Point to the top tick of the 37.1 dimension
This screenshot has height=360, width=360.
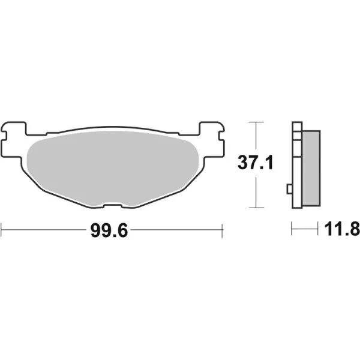point(256,122)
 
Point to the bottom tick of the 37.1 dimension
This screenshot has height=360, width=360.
point(256,208)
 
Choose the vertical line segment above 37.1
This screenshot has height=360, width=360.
point(256,137)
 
